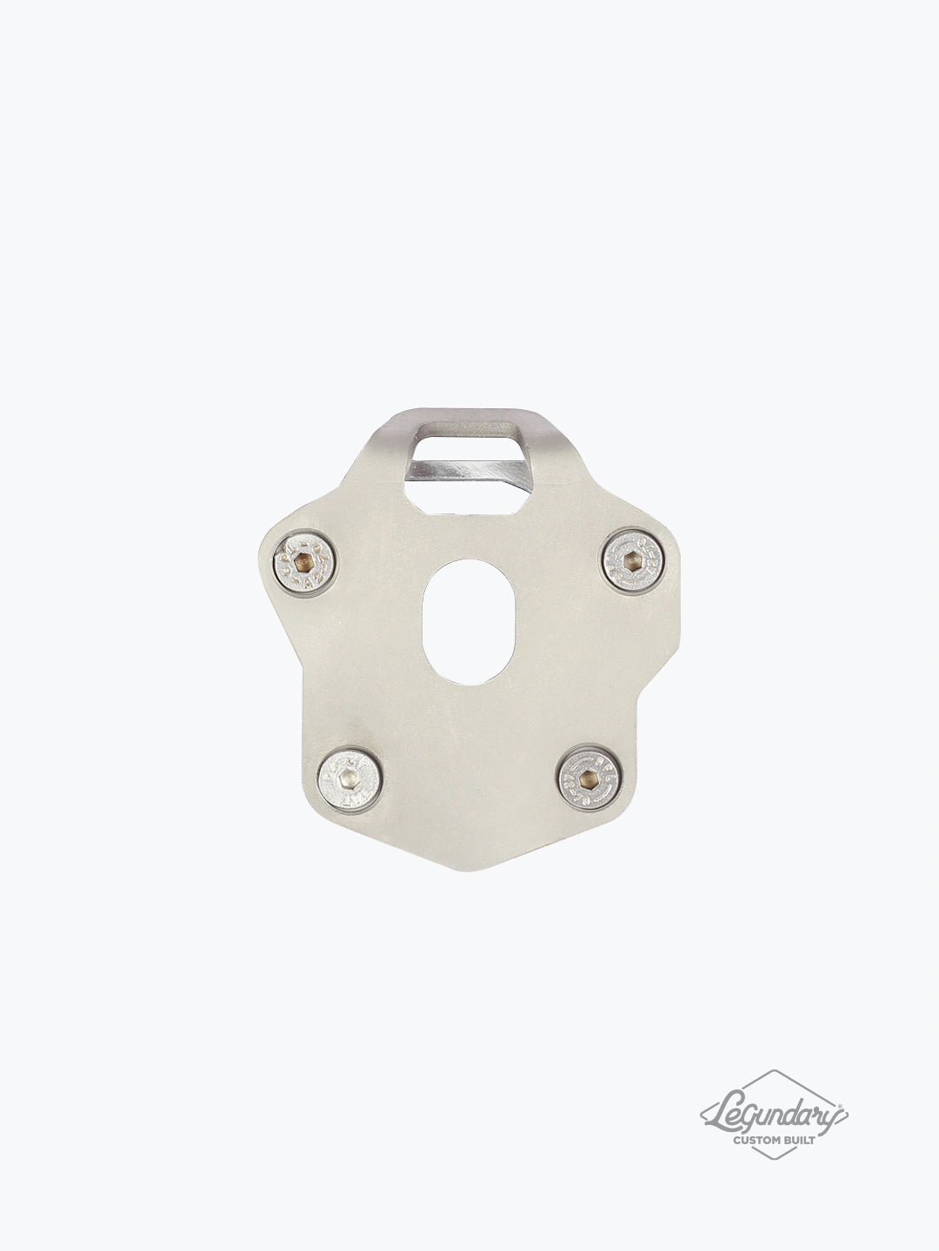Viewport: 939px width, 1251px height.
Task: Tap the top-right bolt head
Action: pyautogui.click(x=634, y=553)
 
